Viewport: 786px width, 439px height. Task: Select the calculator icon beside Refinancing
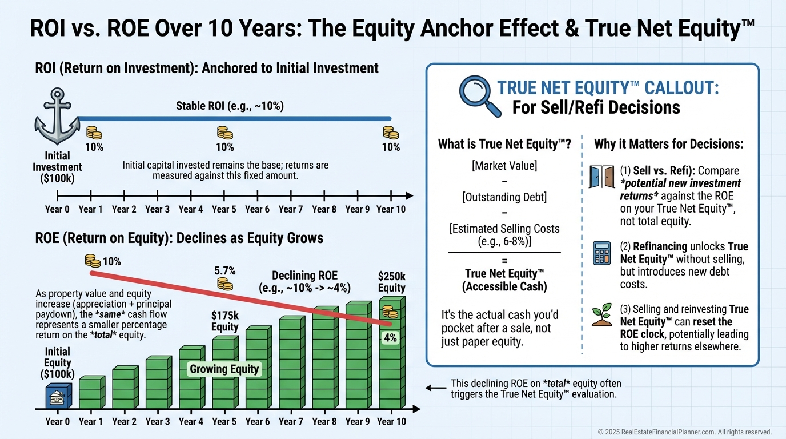coord(601,253)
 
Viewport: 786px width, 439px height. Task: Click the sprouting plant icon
coord(602,314)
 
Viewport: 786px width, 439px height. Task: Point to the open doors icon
coord(601,177)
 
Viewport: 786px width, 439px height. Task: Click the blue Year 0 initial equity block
coord(59,396)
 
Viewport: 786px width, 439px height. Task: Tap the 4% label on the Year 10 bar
coord(390,338)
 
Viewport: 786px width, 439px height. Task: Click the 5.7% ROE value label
coord(225,271)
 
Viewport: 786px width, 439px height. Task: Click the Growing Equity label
coord(224,369)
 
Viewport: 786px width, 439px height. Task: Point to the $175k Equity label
coord(224,321)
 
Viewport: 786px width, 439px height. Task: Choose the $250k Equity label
coord(392,282)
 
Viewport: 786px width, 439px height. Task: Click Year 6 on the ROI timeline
coord(257,209)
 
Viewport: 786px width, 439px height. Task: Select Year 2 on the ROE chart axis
coord(124,421)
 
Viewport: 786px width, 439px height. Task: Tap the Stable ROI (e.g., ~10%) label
coord(230,106)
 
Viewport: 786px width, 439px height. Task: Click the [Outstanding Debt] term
coord(504,197)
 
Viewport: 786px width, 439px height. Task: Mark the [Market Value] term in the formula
coord(504,166)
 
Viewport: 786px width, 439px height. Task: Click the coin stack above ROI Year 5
coord(224,133)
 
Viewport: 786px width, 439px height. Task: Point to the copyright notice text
coord(684,432)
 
